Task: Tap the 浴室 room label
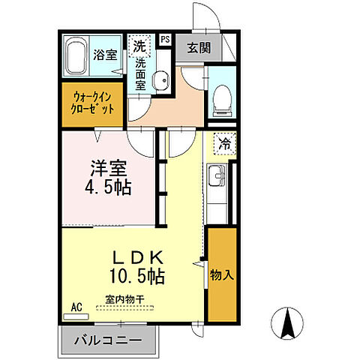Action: point(104,55)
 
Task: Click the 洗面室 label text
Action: point(140,75)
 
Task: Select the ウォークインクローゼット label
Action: point(94,102)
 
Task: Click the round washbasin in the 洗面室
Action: point(159,82)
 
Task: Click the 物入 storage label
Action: point(222,274)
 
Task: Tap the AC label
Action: point(75,307)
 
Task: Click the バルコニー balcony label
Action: point(106,341)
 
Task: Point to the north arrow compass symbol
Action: point(287,325)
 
